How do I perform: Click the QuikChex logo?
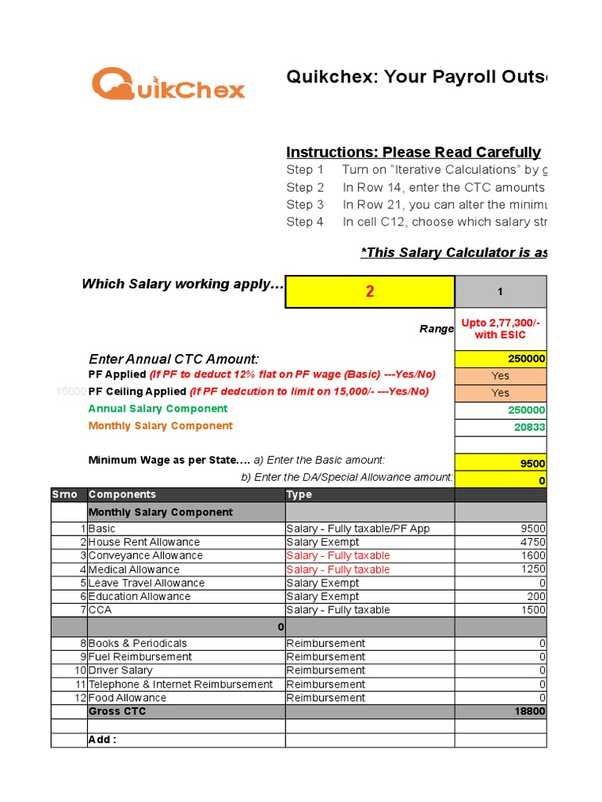point(168,83)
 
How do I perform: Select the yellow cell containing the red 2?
point(370,291)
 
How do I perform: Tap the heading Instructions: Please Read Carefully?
point(413,152)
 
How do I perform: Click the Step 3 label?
point(305,204)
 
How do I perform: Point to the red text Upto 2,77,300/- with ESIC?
point(500,329)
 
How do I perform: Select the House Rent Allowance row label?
point(144,542)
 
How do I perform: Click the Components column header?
point(122,494)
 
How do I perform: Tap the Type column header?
point(299,494)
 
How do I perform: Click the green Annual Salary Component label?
point(158,409)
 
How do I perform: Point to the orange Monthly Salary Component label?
point(160,426)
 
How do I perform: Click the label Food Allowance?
point(127,698)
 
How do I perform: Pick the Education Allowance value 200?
point(536,596)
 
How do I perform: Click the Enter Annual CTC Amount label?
point(173,359)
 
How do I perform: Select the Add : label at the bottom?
point(103,739)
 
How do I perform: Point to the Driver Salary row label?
point(121,670)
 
